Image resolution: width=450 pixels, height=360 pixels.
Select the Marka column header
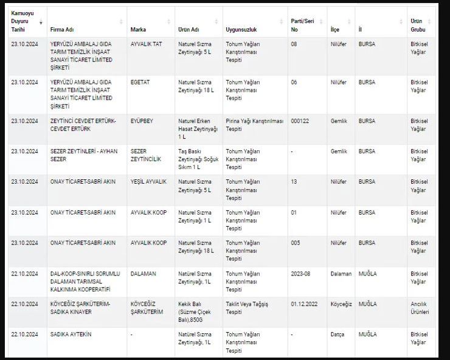pyautogui.click(x=138, y=29)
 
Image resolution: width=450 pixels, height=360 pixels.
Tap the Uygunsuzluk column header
pyautogui.click(x=240, y=29)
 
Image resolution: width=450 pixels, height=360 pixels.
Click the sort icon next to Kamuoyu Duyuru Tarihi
pyautogui.click(x=41, y=22)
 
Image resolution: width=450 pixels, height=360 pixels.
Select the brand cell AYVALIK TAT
pyautogui.click(x=146, y=44)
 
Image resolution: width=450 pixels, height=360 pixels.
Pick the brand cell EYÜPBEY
pyautogui.click(x=142, y=121)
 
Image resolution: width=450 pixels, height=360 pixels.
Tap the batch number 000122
pyautogui.click(x=300, y=121)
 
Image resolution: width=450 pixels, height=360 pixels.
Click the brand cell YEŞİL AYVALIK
pyautogui.click(x=148, y=182)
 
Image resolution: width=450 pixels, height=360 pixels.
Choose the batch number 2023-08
pyautogui.click(x=300, y=274)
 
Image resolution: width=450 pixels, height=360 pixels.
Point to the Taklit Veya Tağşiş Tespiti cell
pyautogui.click(x=247, y=308)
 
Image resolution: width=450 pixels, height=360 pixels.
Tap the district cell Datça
pyautogui.click(x=337, y=334)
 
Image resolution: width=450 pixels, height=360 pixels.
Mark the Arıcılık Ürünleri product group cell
pyautogui.click(x=420, y=308)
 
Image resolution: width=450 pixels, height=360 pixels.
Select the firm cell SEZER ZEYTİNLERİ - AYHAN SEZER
pyautogui.click(x=83, y=155)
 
